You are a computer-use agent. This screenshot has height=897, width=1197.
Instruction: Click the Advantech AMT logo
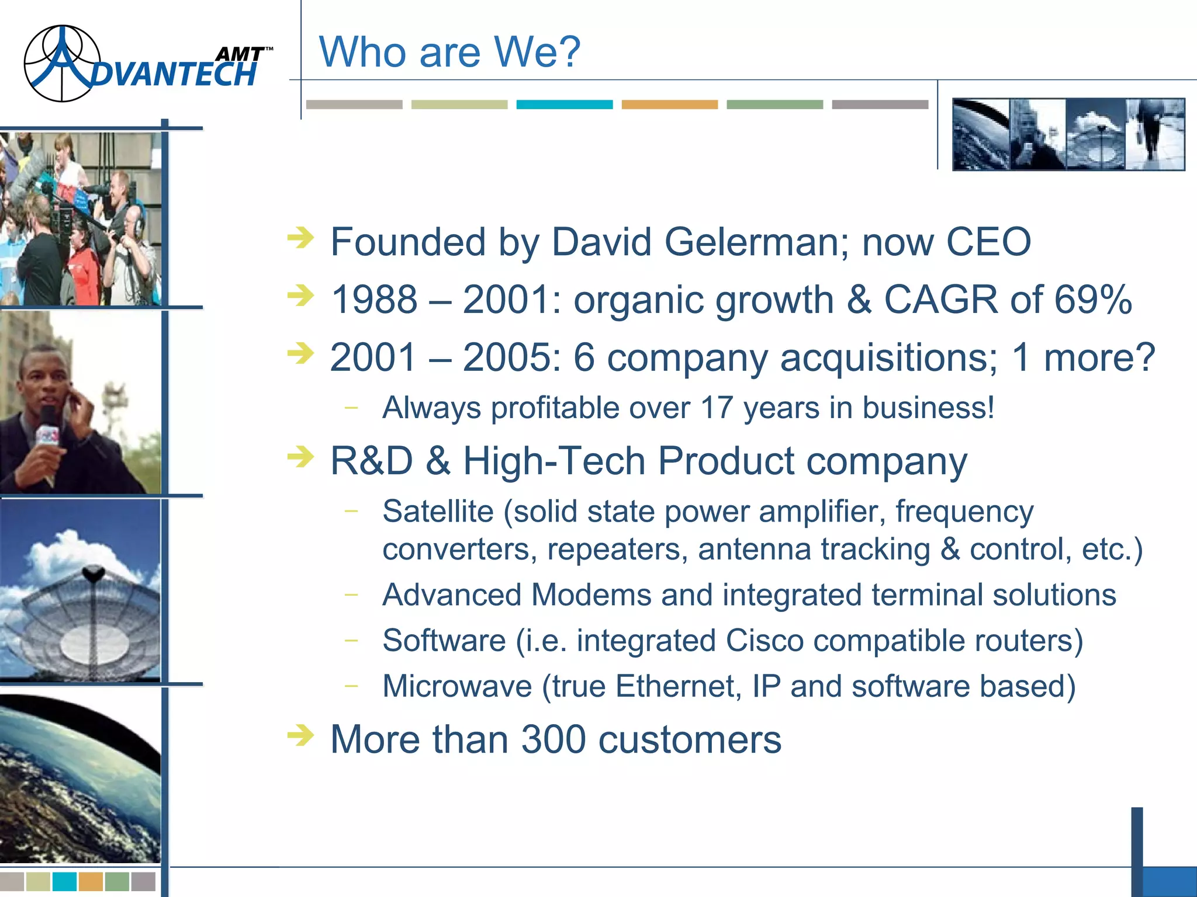pos(146,64)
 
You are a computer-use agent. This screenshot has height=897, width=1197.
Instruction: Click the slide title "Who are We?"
pos(449,52)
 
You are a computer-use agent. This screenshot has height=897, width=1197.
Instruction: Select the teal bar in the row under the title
pos(564,105)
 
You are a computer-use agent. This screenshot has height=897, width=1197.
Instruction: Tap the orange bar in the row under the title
pos(669,105)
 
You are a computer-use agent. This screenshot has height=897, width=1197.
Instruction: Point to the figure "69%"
pos(1093,300)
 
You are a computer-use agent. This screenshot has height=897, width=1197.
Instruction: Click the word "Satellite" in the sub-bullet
pos(438,512)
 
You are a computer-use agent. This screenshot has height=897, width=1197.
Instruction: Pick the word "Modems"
pos(591,595)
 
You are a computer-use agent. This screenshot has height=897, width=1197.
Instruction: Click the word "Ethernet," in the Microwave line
pos(678,686)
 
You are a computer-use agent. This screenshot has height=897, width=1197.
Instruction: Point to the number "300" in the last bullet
pos(553,739)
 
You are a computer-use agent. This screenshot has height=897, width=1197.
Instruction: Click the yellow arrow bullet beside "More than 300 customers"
pos(301,735)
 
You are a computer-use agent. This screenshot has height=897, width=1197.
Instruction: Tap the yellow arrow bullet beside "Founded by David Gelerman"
pos(301,238)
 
